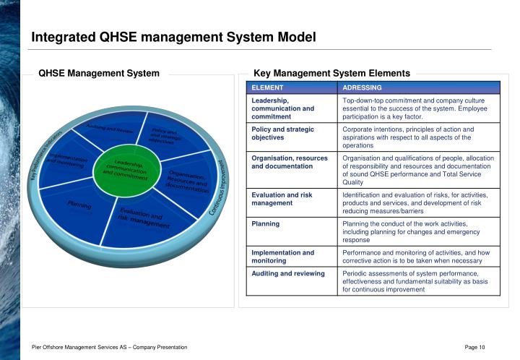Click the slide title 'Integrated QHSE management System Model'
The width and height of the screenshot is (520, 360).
173,37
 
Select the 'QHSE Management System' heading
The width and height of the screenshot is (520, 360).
99,73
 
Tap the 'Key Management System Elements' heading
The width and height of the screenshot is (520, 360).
331,73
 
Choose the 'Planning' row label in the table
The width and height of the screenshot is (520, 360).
266,224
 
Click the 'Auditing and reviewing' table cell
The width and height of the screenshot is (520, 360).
287,274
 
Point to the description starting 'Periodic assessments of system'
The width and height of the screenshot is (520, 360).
418,281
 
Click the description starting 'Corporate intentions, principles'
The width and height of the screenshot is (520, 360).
418,137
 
